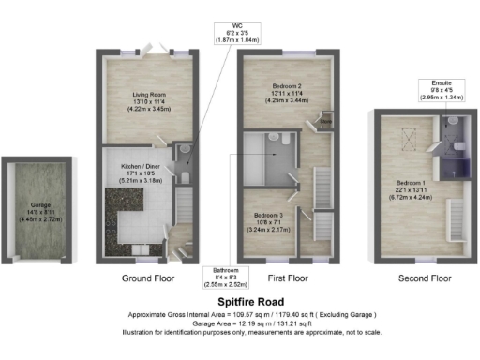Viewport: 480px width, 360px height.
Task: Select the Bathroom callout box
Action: [226, 279]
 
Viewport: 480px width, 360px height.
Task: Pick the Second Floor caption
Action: [426, 279]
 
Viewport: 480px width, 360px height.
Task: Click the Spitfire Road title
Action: [240, 300]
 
